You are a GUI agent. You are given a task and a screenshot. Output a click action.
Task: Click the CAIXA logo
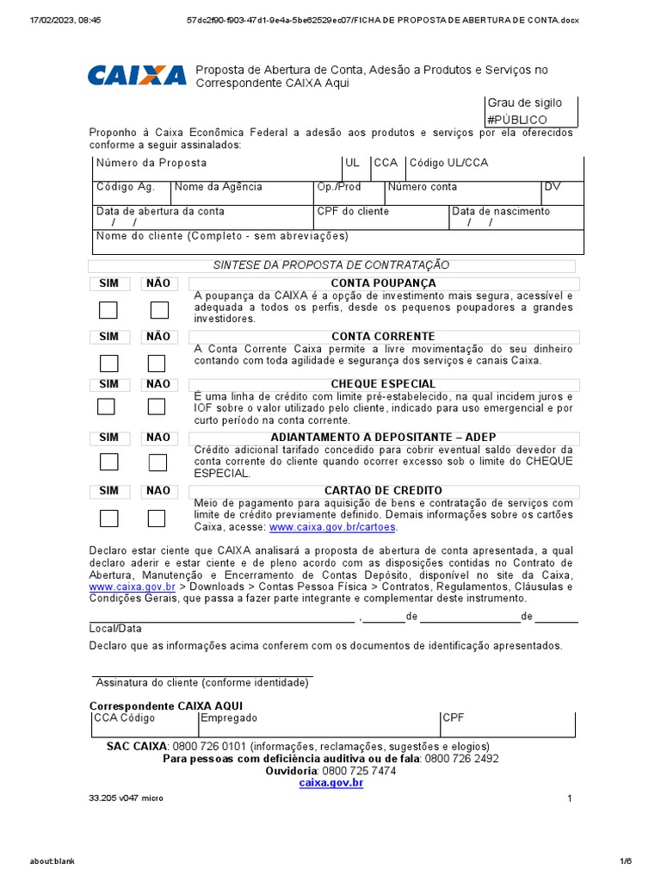click(136, 75)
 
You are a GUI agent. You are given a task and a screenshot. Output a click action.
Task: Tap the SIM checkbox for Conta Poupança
click(108, 310)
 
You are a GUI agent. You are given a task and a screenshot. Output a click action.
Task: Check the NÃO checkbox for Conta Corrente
click(157, 363)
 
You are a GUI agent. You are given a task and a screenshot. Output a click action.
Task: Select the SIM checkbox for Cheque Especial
click(106, 407)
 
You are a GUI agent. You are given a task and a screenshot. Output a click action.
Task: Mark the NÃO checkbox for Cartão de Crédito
click(157, 519)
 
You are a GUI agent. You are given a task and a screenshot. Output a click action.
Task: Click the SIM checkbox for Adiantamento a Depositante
click(108, 462)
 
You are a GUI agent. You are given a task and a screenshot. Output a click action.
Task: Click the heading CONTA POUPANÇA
click(383, 283)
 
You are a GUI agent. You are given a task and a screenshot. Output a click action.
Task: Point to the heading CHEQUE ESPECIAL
click(383, 384)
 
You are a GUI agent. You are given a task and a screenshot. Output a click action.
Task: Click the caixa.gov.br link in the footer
click(330, 783)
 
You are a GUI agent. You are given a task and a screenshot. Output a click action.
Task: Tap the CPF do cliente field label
click(353, 211)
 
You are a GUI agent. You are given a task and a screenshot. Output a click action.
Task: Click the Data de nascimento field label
click(501, 211)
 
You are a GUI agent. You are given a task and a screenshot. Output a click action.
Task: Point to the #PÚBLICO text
click(516, 120)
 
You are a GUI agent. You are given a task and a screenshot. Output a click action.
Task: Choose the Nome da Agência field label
click(219, 187)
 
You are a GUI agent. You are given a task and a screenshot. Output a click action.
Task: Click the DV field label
click(552, 187)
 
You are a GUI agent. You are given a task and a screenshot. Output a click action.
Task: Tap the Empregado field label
click(229, 717)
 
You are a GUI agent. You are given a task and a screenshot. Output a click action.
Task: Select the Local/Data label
click(115, 629)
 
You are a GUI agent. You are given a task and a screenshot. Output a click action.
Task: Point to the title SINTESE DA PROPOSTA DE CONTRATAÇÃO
click(331, 265)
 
